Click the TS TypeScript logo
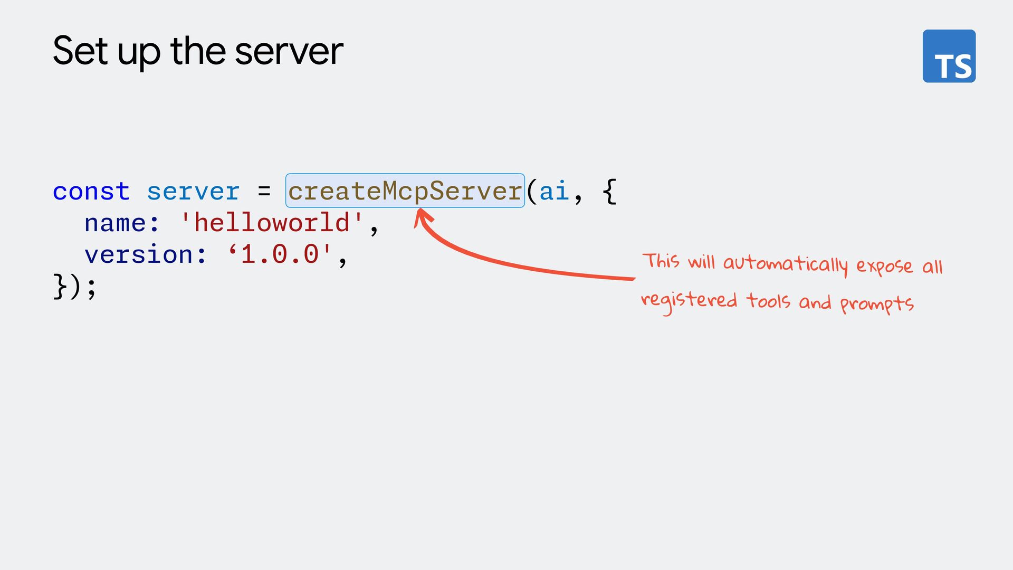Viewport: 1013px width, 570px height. tap(949, 56)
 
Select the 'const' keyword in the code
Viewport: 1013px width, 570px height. tap(91, 191)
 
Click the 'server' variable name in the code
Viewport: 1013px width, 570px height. tap(193, 191)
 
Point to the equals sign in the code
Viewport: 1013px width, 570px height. tap(264, 191)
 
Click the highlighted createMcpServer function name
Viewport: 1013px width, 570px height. tap(405, 191)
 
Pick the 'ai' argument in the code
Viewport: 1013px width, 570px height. tap(553, 191)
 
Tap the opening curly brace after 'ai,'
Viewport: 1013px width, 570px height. tap(609, 191)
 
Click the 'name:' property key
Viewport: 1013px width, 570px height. tap(122, 223)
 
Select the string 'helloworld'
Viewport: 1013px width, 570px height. tap(272, 223)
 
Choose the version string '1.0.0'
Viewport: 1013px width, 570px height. tap(280, 255)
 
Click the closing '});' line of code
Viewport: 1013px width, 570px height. tap(75, 287)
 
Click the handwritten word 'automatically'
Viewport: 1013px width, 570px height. tap(785, 264)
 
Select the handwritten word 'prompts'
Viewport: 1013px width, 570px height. tap(876, 304)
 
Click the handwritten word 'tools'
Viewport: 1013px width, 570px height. tap(768, 301)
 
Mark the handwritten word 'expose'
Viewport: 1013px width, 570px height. tap(884, 266)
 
